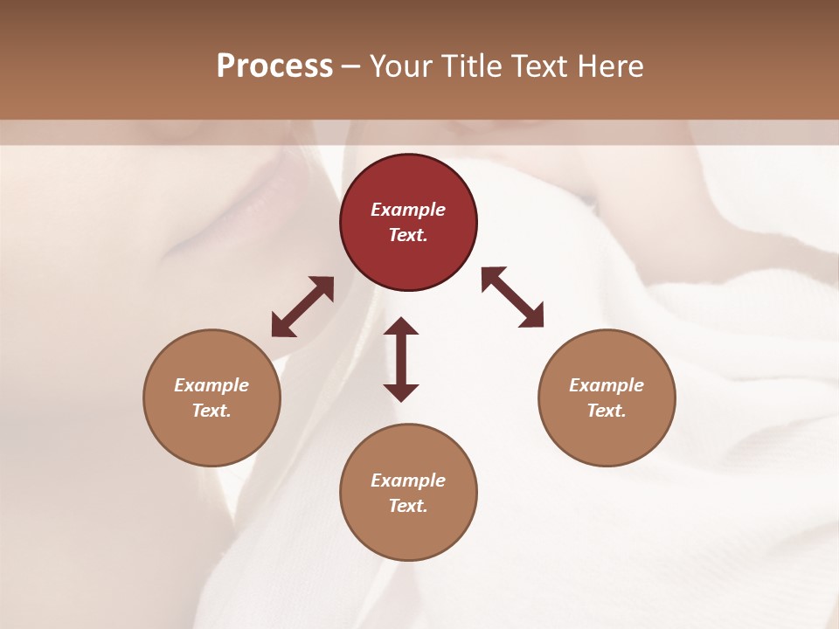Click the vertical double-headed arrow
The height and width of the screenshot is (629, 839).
[x=401, y=359]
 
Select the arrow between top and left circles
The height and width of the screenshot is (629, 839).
[x=302, y=307]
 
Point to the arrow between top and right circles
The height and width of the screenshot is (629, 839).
[x=513, y=297]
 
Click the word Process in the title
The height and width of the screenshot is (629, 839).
[x=274, y=66]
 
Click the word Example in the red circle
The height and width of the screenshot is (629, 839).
[x=408, y=210]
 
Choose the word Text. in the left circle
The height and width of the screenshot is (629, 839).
[x=211, y=411]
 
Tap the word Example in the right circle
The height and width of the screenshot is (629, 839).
[x=607, y=385]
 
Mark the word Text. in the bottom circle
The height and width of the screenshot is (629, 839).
[x=408, y=506]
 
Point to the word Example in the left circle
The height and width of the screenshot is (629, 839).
[x=211, y=385]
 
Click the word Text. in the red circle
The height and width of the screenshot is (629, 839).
[x=408, y=235]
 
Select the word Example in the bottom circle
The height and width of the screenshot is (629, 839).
[x=408, y=480]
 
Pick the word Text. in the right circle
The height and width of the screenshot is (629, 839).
[x=607, y=411]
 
